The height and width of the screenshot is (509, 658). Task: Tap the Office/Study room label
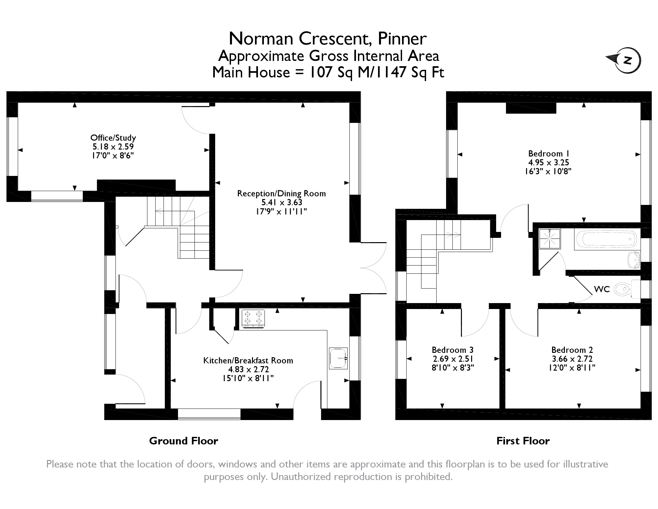(x=113, y=138)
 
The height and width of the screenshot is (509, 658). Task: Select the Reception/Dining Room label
(x=282, y=193)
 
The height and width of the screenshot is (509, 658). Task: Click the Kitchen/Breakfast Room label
(x=248, y=360)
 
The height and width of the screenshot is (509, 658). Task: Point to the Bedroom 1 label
(x=548, y=154)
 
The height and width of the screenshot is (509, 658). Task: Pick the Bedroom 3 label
(x=453, y=350)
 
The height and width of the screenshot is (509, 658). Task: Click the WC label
(x=602, y=289)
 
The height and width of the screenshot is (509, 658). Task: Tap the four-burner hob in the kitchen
(x=253, y=319)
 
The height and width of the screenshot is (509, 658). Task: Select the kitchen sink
(x=338, y=358)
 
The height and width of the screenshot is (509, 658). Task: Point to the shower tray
(x=550, y=239)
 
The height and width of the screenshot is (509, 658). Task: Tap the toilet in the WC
(x=627, y=290)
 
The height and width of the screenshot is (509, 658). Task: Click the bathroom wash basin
(x=634, y=260)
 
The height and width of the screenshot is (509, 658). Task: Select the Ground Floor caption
(x=184, y=441)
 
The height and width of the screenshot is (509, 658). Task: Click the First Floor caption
(x=523, y=441)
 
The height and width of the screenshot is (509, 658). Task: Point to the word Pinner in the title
(x=402, y=39)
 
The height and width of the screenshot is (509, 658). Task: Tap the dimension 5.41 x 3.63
(x=282, y=202)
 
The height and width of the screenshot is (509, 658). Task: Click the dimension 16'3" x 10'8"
(x=548, y=171)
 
